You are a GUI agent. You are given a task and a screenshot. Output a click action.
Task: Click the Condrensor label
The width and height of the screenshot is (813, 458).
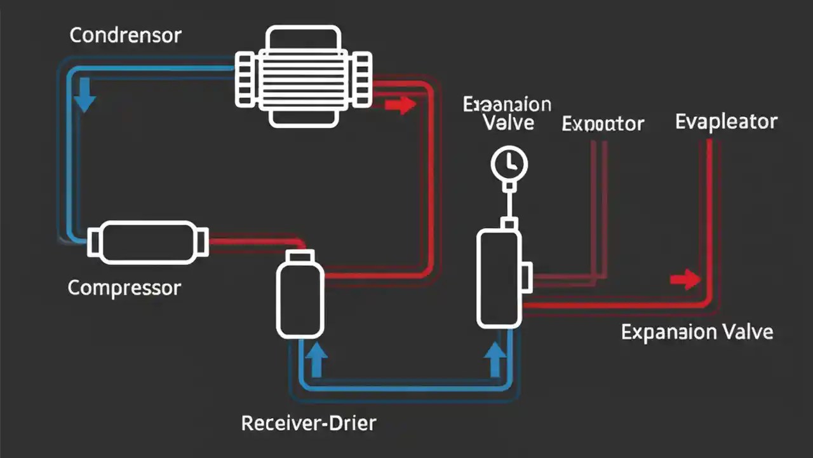[x=125, y=35]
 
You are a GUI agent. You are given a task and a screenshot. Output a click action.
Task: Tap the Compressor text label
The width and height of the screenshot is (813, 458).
[x=124, y=288]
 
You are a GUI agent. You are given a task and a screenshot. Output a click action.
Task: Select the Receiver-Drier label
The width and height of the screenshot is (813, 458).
[x=309, y=422]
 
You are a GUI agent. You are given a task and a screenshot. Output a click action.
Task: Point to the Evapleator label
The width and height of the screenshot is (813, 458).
[x=726, y=121]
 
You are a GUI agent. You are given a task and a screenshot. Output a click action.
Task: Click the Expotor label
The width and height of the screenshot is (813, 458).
[x=603, y=123]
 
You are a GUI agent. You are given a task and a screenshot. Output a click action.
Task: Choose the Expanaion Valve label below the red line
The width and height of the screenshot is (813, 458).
[x=697, y=332]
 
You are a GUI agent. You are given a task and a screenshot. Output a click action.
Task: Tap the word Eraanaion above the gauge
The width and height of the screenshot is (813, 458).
[x=507, y=104]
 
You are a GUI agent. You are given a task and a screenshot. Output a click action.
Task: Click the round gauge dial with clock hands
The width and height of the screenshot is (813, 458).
[x=509, y=163]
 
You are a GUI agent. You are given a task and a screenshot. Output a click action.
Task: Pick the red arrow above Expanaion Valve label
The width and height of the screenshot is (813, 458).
[x=685, y=279]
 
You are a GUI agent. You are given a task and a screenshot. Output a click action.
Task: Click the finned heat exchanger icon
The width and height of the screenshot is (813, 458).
[x=303, y=76]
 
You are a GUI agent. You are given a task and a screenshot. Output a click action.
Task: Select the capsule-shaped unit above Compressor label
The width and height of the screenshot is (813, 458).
[x=147, y=242]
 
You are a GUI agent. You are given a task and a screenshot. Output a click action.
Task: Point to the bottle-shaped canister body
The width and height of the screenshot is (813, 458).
[x=300, y=300]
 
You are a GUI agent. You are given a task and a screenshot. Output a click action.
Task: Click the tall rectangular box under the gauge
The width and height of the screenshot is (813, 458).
[x=499, y=278]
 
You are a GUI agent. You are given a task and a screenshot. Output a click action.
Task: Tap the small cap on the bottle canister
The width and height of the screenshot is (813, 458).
[x=300, y=255]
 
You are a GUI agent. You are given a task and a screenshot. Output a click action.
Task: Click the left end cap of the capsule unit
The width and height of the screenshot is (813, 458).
[x=93, y=243]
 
